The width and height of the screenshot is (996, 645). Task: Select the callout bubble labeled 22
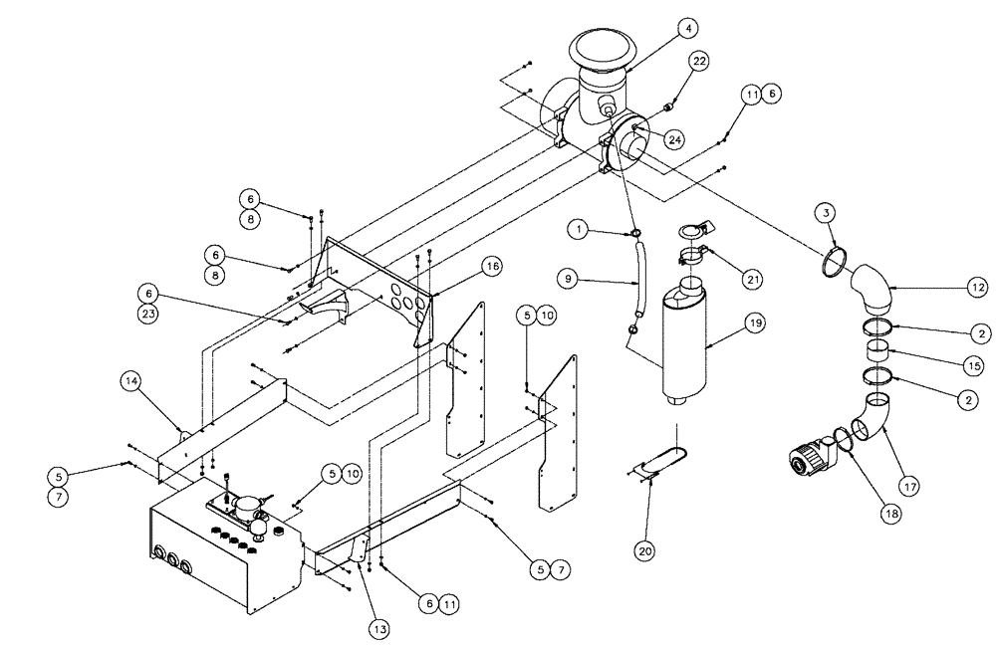pyautogui.click(x=700, y=62)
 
